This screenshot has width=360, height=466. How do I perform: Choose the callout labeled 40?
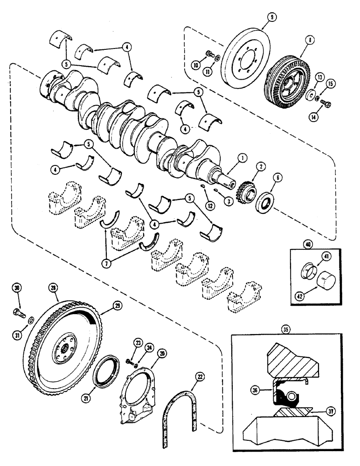pyautogui.click(x=295, y=244)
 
